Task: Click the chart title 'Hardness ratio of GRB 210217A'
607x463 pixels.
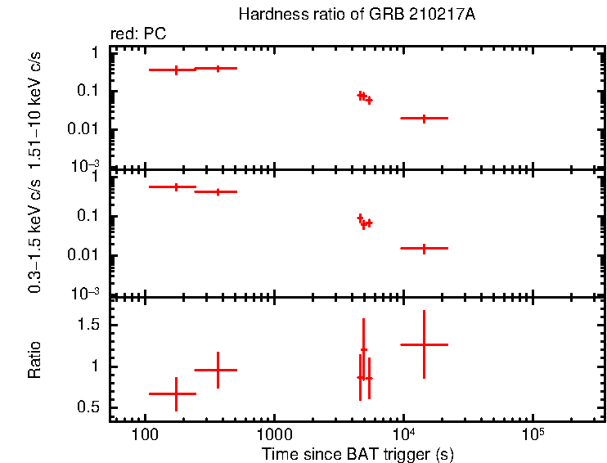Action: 333,15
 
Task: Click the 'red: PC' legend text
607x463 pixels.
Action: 144,34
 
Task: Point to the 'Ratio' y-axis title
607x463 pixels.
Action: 35,361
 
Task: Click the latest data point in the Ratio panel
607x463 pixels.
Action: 424,345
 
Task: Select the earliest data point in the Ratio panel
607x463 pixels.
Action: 176,393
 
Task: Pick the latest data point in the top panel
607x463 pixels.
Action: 424,119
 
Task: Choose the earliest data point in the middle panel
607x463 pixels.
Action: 176,187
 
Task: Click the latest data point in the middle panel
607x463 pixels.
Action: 424,248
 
